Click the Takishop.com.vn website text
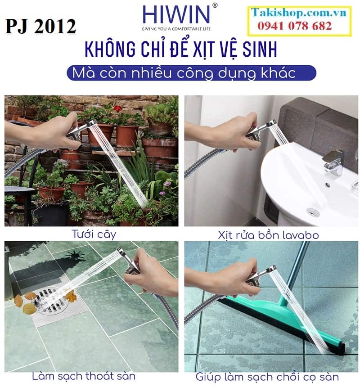(299, 13)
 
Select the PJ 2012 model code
(40, 27)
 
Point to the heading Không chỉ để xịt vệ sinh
(180, 50)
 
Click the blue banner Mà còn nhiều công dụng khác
(191, 72)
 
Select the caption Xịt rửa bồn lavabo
(269, 235)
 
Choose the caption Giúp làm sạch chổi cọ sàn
(267, 376)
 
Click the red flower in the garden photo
(117, 108)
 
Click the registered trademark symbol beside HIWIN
(215, 5)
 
